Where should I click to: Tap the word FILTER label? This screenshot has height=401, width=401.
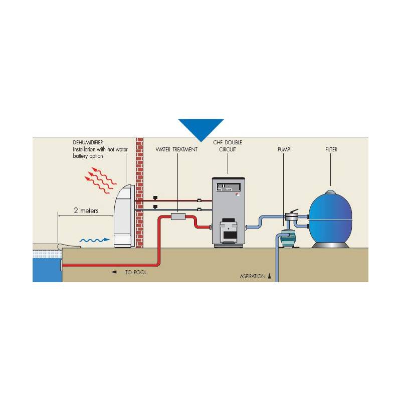point(331,149)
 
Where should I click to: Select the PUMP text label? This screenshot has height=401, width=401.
point(284,149)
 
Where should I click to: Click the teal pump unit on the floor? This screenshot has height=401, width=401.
point(288,239)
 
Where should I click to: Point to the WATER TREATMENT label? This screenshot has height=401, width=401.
point(176,149)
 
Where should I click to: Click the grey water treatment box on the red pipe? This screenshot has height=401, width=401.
point(178,217)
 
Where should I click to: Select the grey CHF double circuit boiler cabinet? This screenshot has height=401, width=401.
point(229,212)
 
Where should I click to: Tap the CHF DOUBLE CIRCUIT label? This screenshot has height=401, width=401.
point(228,146)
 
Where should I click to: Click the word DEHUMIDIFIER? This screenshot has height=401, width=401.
point(88,142)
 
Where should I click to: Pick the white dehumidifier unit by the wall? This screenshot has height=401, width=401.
point(124,216)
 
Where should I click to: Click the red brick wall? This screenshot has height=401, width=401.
point(139,192)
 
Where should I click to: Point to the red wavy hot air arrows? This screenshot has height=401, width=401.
point(100,180)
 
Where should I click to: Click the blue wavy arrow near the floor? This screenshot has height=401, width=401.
point(95,240)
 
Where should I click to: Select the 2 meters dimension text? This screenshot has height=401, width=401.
point(86,211)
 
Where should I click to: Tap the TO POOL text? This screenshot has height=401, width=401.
point(135,272)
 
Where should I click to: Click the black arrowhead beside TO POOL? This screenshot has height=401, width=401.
point(114,272)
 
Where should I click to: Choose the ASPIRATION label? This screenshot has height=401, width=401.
point(253,276)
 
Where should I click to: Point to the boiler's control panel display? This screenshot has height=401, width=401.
point(229,187)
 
